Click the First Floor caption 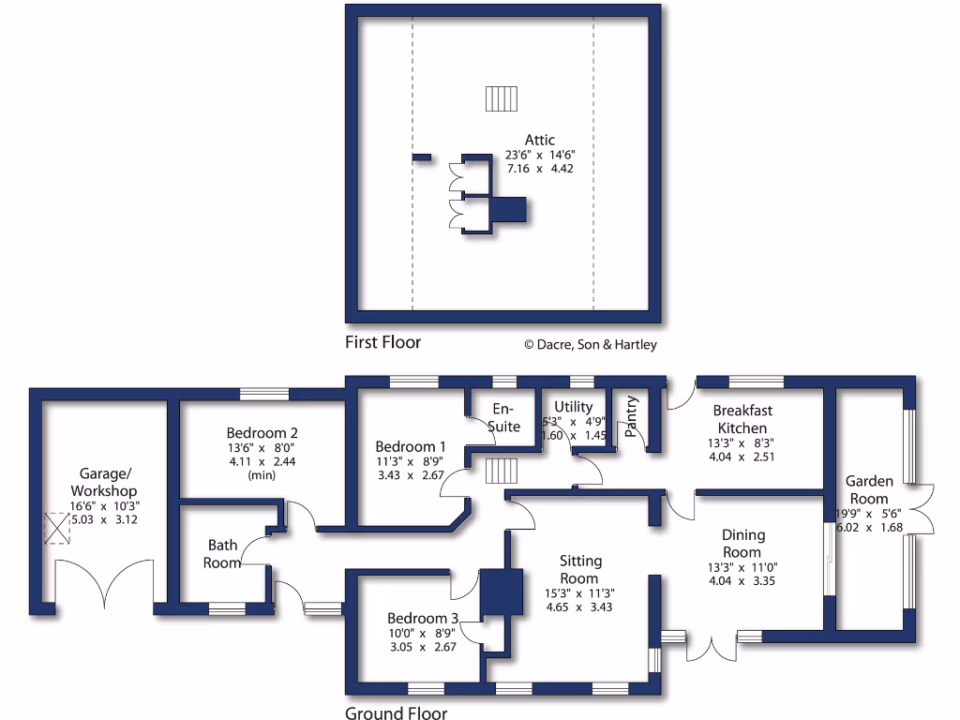[382, 342]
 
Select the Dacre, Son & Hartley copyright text [590, 344]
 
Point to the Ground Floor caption [396, 713]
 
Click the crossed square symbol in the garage [58, 530]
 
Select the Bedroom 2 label [262, 433]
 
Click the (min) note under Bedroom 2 [262, 475]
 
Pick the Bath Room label [224, 553]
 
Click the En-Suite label [506, 419]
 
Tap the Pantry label [632, 416]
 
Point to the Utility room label [573, 407]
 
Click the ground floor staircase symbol [502, 472]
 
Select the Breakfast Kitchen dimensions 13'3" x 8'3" [742, 442]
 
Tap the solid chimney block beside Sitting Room [501, 592]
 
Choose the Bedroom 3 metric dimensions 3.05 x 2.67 [421, 647]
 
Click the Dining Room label [743, 543]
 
